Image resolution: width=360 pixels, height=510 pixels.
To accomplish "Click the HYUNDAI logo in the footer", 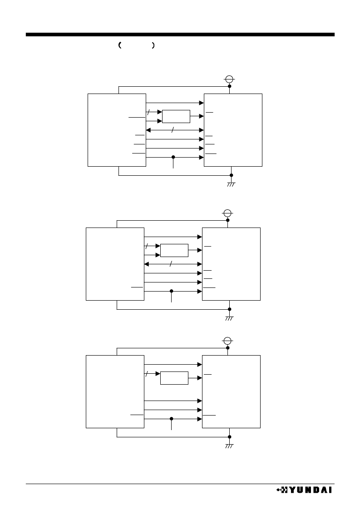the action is tap(304, 490).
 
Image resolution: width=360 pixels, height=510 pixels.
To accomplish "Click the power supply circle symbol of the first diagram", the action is tap(229, 79).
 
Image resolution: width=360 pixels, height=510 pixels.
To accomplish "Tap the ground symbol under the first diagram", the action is tap(231, 184).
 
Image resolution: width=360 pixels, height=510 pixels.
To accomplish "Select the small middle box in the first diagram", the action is tap(176, 116).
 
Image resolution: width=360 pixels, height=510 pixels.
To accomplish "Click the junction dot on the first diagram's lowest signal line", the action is tap(173, 157).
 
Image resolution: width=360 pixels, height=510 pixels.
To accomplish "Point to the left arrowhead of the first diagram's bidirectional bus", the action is tap(148, 130).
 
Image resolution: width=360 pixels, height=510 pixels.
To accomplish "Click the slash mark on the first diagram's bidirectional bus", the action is tap(173, 130).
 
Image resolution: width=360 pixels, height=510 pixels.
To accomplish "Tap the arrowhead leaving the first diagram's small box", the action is tap(202, 116).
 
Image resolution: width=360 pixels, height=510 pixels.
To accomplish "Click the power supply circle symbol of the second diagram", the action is tap(227, 213).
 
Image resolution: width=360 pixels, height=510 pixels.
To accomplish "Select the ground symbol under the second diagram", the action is tap(229, 318).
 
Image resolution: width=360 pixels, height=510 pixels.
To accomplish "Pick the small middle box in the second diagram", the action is tap(174, 250).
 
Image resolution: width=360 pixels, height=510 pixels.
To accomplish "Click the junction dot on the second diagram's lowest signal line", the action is tap(172, 291).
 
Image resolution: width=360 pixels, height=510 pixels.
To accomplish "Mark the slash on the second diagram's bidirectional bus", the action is tap(171, 264).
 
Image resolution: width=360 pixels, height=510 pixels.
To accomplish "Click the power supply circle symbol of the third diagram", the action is tap(227, 341).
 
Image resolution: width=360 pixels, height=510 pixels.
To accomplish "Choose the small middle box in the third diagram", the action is tap(174, 378).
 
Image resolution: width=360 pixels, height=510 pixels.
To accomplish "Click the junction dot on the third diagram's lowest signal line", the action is tap(172, 419).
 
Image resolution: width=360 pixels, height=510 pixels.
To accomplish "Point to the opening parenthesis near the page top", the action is tap(120, 45).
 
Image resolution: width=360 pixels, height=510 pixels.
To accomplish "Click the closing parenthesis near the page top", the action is tap(153, 45).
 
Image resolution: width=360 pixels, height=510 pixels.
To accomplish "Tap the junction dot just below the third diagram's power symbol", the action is tap(227, 348).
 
